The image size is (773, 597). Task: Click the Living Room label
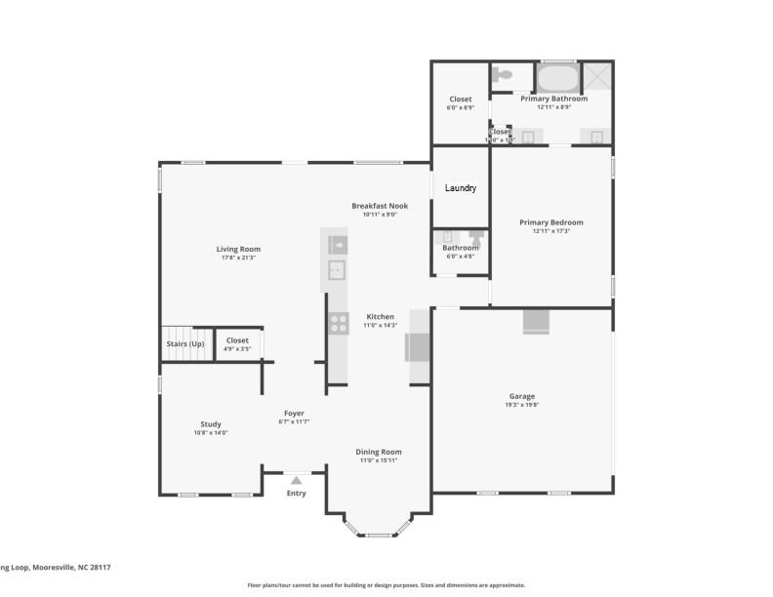238,249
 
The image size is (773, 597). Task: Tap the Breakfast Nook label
380,206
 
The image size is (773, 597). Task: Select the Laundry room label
461,187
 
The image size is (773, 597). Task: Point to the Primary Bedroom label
550,222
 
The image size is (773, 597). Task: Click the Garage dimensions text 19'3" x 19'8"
522,405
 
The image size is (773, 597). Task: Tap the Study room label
211,424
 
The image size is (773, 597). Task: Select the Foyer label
295,413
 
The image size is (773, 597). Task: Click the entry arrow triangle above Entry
296,479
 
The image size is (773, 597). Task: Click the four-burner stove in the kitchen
339,322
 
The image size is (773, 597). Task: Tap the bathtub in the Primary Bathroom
557,78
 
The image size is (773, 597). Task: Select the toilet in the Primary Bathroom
502,75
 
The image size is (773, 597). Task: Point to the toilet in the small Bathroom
476,237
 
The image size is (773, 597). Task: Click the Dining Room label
378,452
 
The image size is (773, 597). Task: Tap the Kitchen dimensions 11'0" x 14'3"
380,326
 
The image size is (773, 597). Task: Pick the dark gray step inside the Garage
536,322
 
